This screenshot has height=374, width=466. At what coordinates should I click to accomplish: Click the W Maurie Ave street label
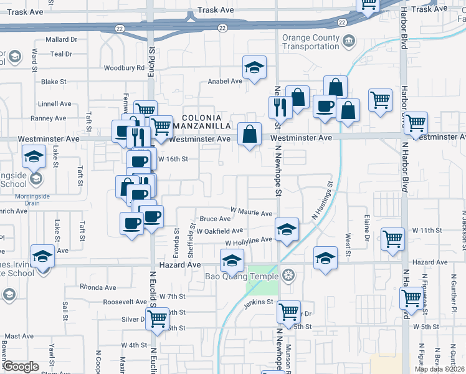[x=252, y=213]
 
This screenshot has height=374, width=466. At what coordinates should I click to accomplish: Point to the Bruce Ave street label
[x=215, y=219]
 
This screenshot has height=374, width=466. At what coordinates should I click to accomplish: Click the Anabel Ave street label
[x=224, y=82]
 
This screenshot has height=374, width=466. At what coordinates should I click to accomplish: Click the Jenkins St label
[x=259, y=302]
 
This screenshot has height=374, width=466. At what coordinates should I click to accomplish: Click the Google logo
[x=21, y=366]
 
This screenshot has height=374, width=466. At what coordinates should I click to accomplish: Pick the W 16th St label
[x=173, y=159]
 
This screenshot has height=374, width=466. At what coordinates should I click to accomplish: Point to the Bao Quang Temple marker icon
[x=287, y=274]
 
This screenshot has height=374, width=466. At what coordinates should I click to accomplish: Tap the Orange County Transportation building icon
[x=348, y=42]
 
